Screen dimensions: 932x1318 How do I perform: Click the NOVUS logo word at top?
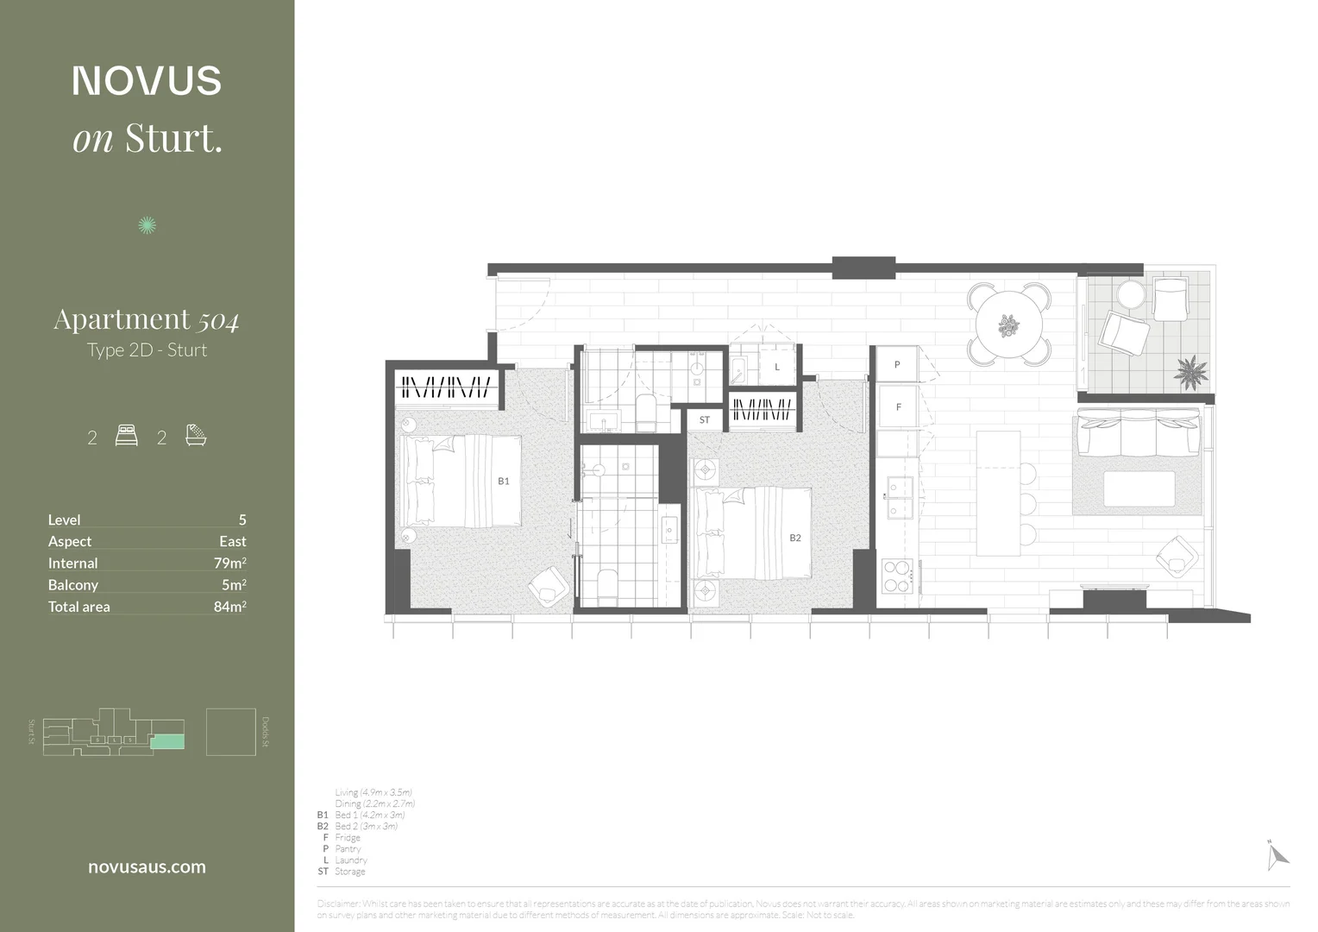(x=147, y=80)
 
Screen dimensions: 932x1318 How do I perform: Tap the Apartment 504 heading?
(x=147, y=319)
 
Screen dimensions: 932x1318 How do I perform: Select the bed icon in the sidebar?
(x=126, y=436)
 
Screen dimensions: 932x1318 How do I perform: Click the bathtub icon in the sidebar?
(x=196, y=435)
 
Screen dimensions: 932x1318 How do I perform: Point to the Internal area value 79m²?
(x=229, y=563)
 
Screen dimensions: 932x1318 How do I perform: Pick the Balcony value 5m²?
(x=234, y=584)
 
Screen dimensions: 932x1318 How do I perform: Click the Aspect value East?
(x=232, y=541)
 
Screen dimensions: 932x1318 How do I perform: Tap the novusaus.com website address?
(x=147, y=867)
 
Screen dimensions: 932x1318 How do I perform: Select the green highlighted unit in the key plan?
(x=167, y=741)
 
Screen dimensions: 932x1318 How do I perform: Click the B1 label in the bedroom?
(x=504, y=481)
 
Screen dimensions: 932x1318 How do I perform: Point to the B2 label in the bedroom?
(x=795, y=538)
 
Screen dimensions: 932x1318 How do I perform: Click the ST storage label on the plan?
(x=705, y=420)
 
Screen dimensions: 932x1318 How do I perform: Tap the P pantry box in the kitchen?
(x=897, y=365)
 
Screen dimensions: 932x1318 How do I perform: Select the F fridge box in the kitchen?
(x=898, y=406)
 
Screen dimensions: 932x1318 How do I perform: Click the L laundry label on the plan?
(x=777, y=367)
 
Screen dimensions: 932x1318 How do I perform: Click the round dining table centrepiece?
(x=1008, y=326)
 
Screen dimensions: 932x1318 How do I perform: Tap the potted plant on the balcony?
(x=1191, y=372)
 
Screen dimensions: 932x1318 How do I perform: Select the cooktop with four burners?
(x=897, y=576)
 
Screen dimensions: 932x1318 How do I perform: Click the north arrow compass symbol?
(x=1277, y=854)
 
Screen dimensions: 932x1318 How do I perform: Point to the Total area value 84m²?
(x=229, y=607)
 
